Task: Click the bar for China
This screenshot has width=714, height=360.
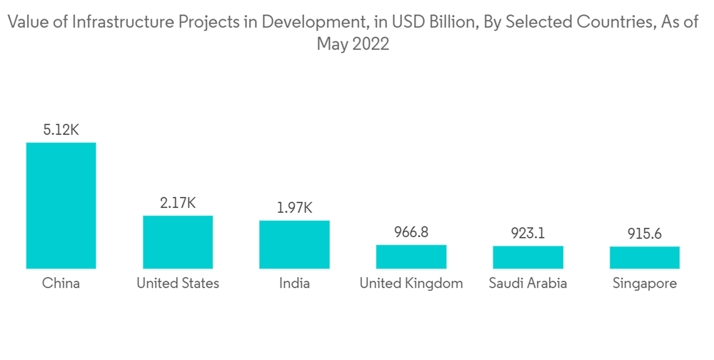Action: pyautogui.click(x=61, y=206)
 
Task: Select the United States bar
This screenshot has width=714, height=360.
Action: pyautogui.click(x=178, y=242)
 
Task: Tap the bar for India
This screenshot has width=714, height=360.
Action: pyautogui.click(x=294, y=244)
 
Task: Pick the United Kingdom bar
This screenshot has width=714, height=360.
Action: pyautogui.click(x=411, y=256)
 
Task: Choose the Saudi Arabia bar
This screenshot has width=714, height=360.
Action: pyautogui.click(x=528, y=257)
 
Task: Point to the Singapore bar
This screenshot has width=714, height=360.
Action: pyautogui.click(x=645, y=257)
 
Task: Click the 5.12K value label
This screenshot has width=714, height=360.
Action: pyautogui.click(x=61, y=130)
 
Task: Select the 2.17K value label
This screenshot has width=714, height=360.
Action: pyautogui.click(x=178, y=203)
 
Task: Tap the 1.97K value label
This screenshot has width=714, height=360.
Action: pyautogui.click(x=294, y=208)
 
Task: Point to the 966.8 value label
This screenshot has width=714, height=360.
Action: pyautogui.click(x=411, y=232)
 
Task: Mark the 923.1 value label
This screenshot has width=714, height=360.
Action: pyautogui.click(x=528, y=234)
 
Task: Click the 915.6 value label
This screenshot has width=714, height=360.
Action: pyautogui.click(x=645, y=234)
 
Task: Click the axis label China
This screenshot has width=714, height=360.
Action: pyautogui.click(x=61, y=284)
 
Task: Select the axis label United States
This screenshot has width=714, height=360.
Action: pyautogui.click(x=178, y=284)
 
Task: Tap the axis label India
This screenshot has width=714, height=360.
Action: pyautogui.click(x=294, y=284)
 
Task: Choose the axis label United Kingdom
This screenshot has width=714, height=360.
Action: pyautogui.click(x=411, y=284)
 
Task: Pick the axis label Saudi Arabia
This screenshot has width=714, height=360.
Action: pyautogui.click(x=528, y=284)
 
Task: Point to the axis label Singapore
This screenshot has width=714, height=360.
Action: pyautogui.click(x=645, y=284)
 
